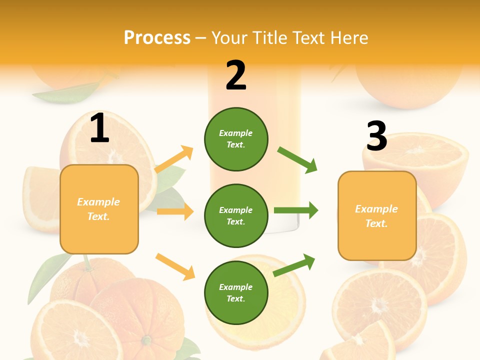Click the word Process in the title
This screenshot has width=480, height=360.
157,37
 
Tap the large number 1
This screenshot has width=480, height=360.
99,128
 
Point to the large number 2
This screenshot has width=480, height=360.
236,75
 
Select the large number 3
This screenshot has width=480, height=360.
376,136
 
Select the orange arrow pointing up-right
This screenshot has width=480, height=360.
174,159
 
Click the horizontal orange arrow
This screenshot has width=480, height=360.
175,211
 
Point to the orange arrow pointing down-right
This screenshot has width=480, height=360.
175,266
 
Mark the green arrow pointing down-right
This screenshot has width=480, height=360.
297,160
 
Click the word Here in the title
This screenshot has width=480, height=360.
349,37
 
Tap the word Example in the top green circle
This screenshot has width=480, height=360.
236,133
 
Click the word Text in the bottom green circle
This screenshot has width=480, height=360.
235,298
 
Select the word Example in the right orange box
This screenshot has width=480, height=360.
376,209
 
